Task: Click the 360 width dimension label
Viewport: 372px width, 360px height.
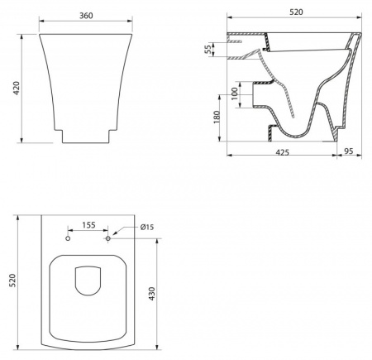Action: coord(86,16)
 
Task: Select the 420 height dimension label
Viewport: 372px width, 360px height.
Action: coord(17,89)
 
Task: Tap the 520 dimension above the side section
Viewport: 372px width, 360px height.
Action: coord(296,12)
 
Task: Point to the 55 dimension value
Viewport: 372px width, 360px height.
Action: coord(209,49)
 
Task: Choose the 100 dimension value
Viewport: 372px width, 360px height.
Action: coord(234,94)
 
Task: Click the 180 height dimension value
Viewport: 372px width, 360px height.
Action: coord(217,117)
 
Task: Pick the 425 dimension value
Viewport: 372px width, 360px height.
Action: coord(282,152)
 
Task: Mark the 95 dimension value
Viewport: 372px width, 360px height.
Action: coord(349,151)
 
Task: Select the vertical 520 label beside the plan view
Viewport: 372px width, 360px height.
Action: coord(12,281)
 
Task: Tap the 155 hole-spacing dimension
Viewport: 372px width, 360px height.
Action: coord(88,225)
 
